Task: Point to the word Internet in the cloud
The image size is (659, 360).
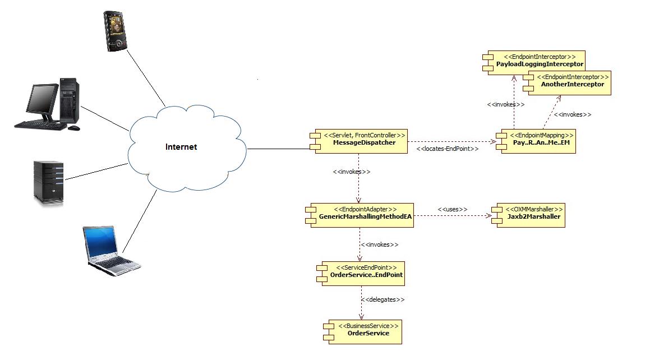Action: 181,147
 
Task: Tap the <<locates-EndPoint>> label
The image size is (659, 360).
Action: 448,149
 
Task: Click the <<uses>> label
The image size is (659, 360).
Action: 452,209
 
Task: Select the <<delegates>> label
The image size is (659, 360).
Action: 383,299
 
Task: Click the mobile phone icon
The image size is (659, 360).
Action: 116,31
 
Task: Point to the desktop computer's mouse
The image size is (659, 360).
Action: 73,128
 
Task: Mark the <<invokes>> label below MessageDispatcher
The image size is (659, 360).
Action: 351,172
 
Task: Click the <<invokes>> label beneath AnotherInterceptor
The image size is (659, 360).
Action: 572,114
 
